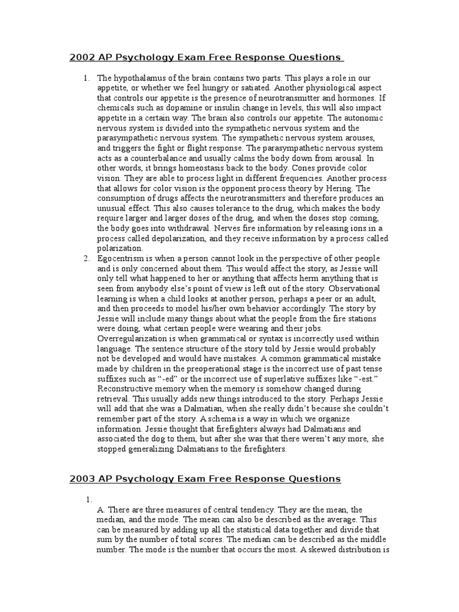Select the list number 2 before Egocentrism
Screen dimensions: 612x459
[86, 258]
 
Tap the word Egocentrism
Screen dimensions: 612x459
[120, 258]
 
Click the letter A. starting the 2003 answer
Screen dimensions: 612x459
[101, 510]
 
